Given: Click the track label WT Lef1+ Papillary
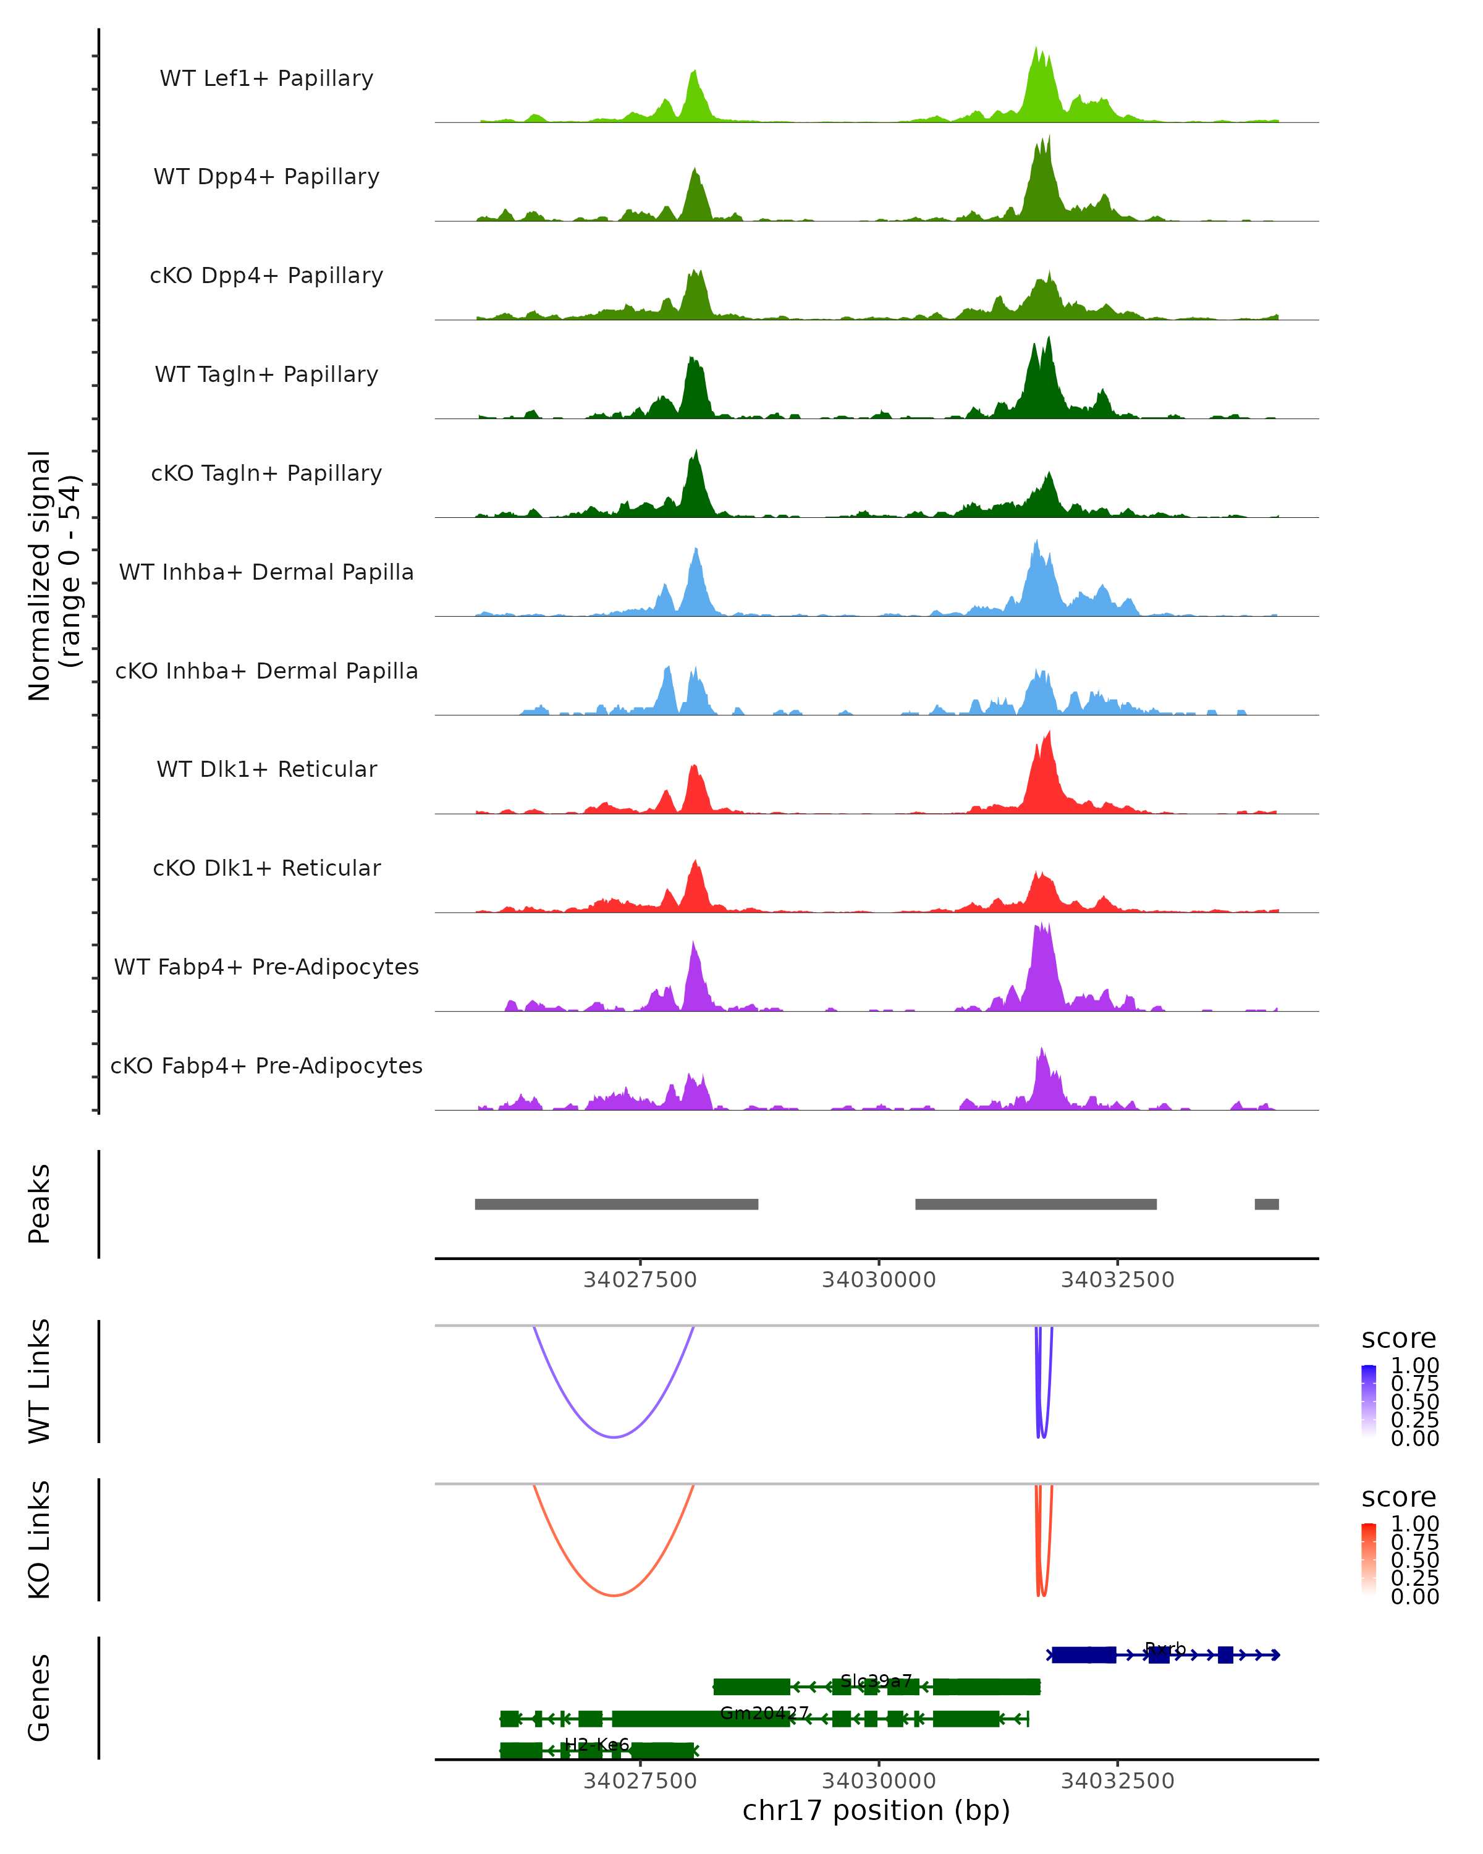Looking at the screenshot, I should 266,78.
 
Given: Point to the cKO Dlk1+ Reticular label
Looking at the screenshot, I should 266,868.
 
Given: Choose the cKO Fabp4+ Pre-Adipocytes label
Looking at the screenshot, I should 266,1065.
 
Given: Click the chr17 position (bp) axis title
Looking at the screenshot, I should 876,1810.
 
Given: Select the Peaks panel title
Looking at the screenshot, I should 40,1203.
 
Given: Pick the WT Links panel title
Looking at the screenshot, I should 40,1380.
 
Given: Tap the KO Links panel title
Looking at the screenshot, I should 40,1539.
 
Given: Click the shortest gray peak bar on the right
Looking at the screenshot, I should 1266,1204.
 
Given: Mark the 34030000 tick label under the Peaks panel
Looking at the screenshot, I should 879,1280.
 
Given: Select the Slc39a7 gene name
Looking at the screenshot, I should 876,1680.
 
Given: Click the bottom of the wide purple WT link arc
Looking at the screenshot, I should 613,1436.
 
